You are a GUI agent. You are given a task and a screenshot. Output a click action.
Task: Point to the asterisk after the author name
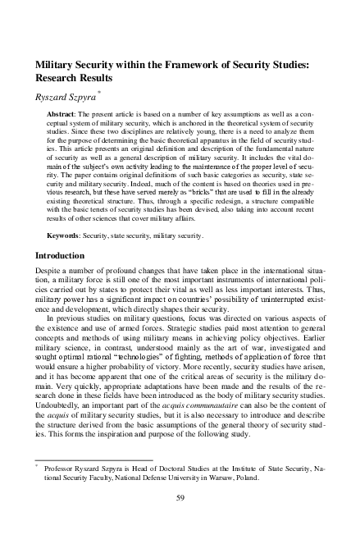(x=99, y=92)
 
